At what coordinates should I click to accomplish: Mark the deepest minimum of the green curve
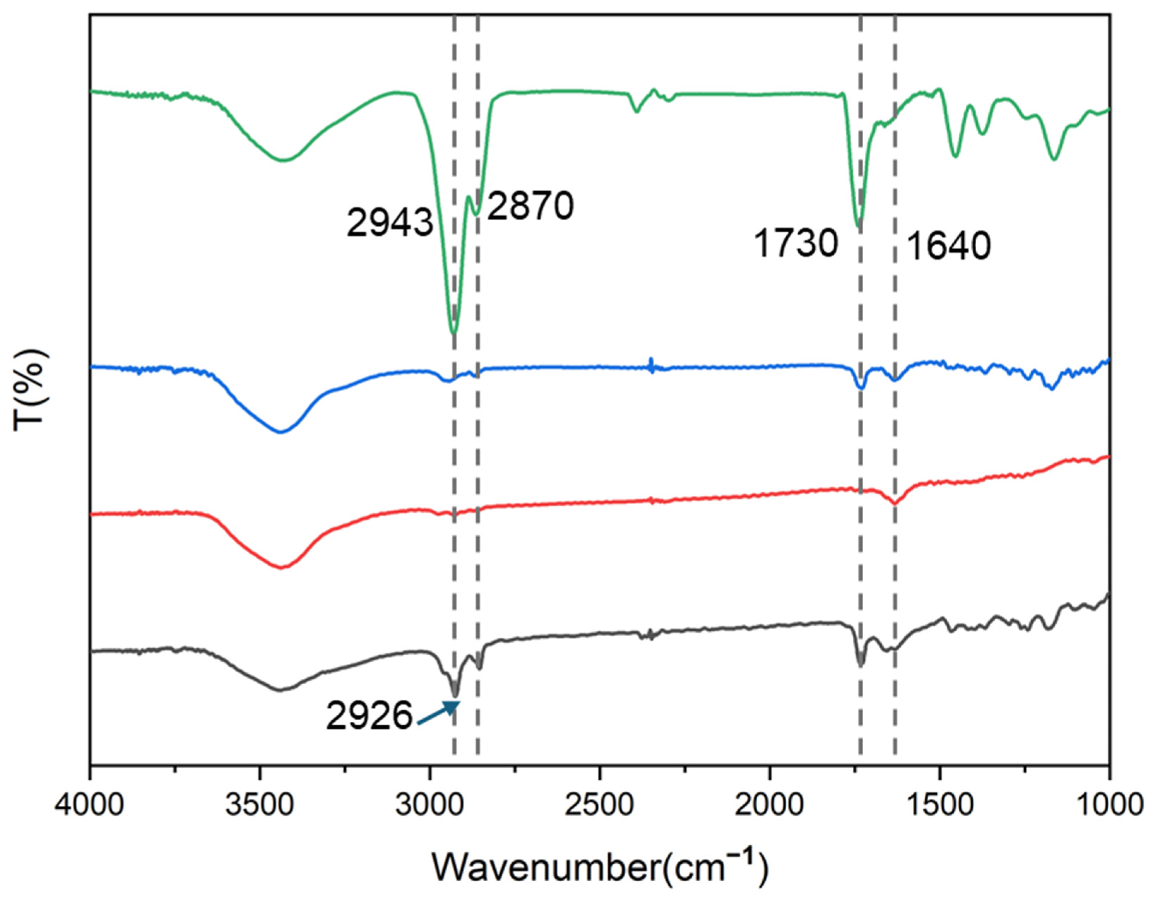[x=453, y=333]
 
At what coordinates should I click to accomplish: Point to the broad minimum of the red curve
[x=281, y=567]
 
